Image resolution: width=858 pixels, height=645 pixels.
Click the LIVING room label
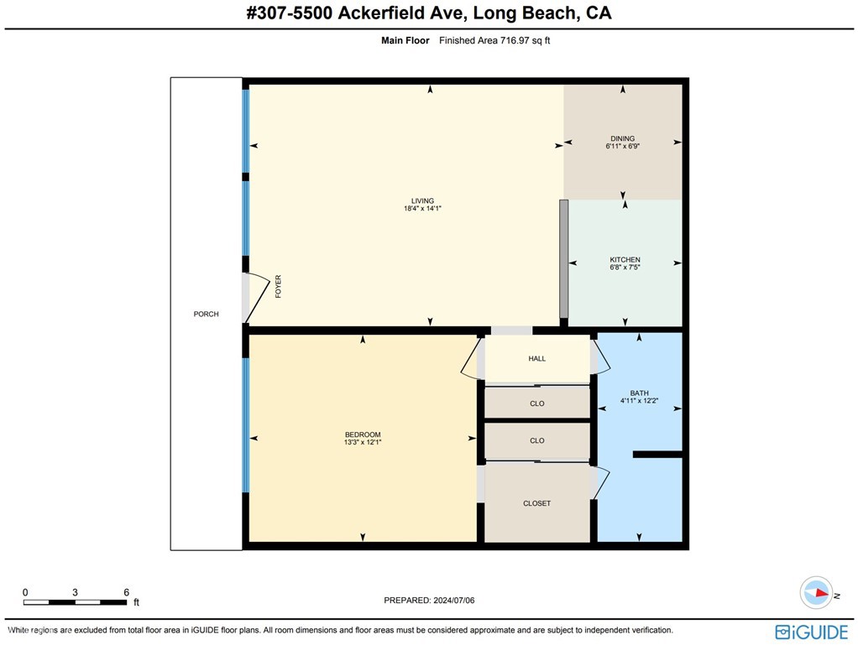(x=422, y=201)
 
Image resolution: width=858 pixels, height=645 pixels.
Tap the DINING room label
(x=622, y=138)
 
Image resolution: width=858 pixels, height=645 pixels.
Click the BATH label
(x=639, y=393)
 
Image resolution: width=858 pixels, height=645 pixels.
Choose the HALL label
(x=537, y=358)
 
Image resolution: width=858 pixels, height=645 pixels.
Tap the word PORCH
(x=206, y=315)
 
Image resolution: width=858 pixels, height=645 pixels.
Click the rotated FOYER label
(x=278, y=288)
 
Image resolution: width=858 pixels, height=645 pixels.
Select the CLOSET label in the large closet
(x=537, y=503)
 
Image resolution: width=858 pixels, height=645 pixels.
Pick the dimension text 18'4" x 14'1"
(x=422, y=209)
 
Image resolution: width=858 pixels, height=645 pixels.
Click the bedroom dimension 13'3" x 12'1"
(x=363, y=442)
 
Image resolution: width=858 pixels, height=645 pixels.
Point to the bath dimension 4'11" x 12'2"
(x=639, y=401)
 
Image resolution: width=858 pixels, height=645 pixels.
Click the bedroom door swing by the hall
(x=471, y=358)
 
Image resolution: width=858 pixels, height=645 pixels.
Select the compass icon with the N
(x=815, y=592)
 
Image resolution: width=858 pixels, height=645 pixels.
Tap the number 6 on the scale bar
(x=126, y=592)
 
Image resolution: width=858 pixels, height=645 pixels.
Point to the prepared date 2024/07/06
(x=458, y=601)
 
